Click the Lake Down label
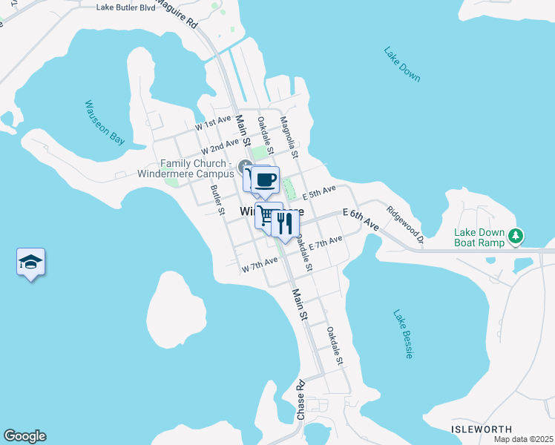402,65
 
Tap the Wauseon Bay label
104,123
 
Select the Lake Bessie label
403,334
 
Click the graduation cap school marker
30,262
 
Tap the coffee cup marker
266,179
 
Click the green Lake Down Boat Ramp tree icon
516,237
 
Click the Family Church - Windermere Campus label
196,168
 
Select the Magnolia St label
289,137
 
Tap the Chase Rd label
301,401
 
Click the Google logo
24,436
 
